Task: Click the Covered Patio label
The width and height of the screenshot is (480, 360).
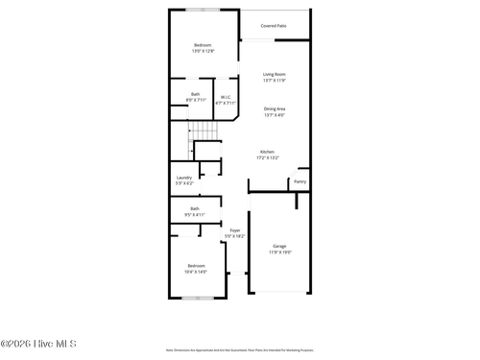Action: (274, 26)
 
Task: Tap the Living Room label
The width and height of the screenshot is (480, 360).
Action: (275, 74)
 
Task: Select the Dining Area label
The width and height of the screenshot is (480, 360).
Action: (275, 108)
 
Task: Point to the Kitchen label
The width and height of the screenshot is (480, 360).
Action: (267, 152)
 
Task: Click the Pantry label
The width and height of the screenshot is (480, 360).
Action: (300, 180)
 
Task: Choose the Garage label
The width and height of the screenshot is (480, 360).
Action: (279, 247)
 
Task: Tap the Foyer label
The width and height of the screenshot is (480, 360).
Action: (234, 230)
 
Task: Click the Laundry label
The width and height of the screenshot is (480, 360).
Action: (183, 177)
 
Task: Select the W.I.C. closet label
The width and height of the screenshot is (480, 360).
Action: (226, 96)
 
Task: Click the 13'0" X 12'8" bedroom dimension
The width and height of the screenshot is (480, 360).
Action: (203, 51)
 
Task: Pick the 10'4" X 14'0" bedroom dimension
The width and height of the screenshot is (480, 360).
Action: (196, 271)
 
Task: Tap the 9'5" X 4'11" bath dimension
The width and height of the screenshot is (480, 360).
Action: (195, 214)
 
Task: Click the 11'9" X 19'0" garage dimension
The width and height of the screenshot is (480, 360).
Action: (279, 252)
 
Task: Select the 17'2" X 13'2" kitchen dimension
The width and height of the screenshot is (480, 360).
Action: (267, 157)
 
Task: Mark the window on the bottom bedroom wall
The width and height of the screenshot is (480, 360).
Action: (198, 298)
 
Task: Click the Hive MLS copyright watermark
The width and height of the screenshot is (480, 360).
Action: (39, 344)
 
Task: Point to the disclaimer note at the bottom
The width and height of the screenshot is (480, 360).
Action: (239, 352)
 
